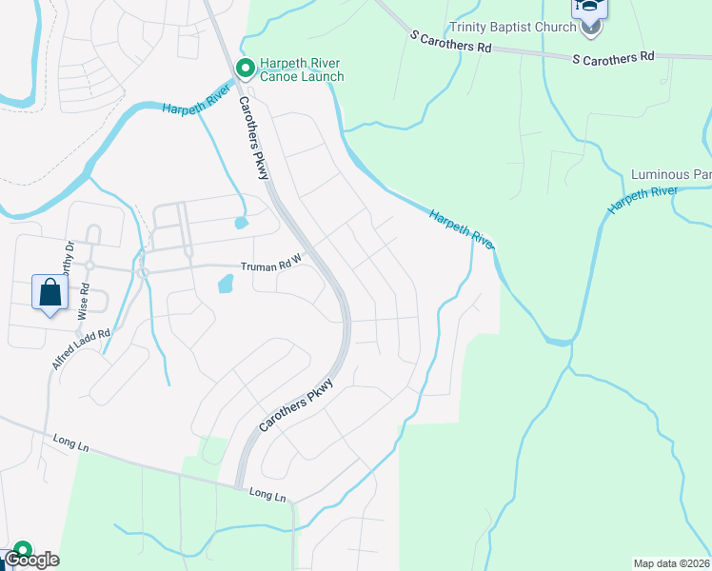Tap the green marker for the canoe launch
tap(244, 68)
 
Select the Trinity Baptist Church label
tap(513, 27)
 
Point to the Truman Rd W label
tap(270, 267)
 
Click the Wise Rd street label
tap(85, 300)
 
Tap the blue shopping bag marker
tap(50, 293)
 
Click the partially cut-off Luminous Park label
tap(671, 175)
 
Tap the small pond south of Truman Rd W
tap(226, 284)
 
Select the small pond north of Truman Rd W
tap(240, 224)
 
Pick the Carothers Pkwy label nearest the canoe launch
tap(254, 138)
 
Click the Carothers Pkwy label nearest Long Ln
tap(296, 409)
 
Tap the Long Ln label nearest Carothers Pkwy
tap(267, 496)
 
